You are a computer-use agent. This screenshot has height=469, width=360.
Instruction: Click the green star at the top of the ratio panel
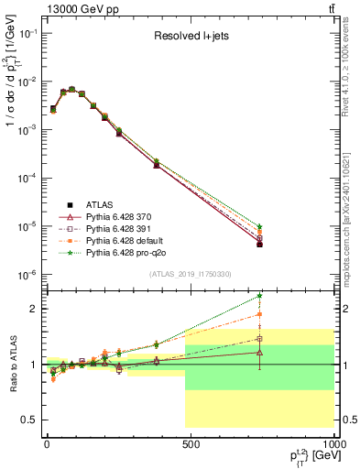point(260,296)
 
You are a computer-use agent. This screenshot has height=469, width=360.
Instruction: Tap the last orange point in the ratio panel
point(260,314)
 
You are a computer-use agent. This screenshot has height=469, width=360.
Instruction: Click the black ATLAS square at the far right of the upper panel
point(260,245)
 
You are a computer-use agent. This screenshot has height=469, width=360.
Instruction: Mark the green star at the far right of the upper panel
point(260,226)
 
